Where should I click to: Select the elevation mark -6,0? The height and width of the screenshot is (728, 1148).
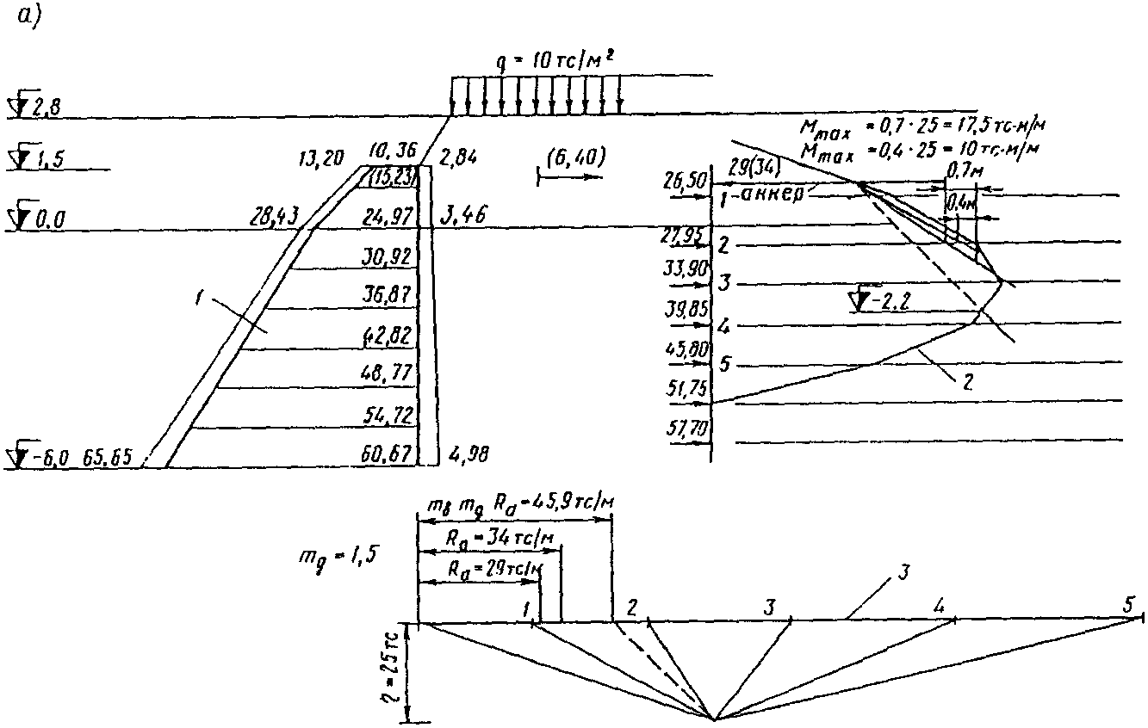click(x=44, y=456)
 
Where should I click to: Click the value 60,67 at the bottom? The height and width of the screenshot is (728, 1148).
click(x=389, y=453)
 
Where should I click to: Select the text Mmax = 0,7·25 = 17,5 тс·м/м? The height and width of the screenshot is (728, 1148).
click(x=922, y=127)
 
